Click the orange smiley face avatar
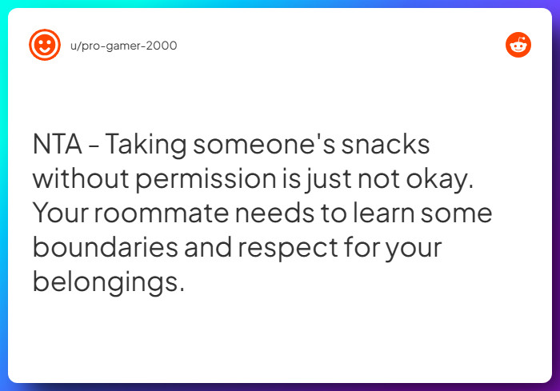[x=44, y=45]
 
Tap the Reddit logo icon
[x=518, y=45]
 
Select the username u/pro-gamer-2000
[x=124, y=46]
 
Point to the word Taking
[x=146, y=146]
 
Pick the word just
[x=325, y=180]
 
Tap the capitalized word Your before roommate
[x=59, y=214]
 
